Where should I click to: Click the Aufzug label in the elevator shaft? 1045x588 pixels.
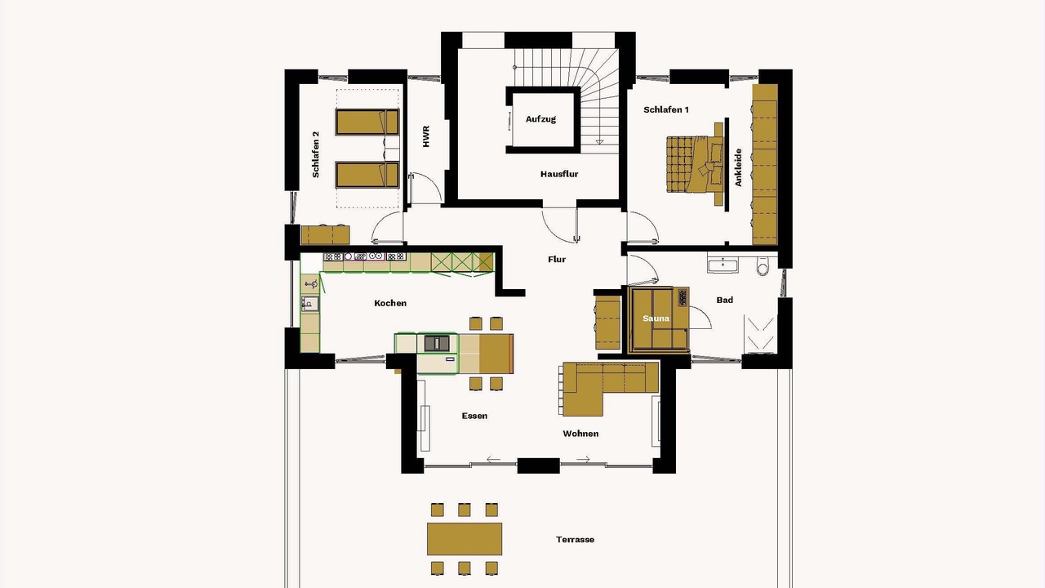click(x=540, y=119)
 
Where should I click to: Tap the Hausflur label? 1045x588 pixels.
click(x=559, y=174)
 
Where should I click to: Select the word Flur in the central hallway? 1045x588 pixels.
click(x=557, y=260)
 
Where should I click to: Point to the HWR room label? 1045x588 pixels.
click(x=426, y=136)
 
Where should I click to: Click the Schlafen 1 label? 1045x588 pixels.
click(x=666, y=110)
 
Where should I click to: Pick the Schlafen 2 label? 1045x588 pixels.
click(x=316, y=154)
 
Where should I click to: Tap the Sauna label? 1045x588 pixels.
click(x=656, y=318)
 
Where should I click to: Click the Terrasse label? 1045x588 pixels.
click(x=576, y=540)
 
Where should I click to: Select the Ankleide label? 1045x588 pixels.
click(x=738, y=167)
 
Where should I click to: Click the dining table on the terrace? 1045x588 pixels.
click(x=465, y=538)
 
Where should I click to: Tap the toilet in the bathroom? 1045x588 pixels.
click(x=763, y=266)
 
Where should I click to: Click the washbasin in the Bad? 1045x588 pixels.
click(x=723, y=265)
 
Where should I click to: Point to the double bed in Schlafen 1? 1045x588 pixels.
click(x=695, y=164)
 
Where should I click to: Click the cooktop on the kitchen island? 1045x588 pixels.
click(x=437, y=344)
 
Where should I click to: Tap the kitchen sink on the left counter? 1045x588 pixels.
click(x=309, y=303)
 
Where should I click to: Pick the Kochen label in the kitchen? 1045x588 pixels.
click(x=390, y=303)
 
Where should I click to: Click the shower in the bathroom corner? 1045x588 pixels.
click(x=760, y=334)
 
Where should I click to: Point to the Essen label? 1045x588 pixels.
click(x=474, y=416)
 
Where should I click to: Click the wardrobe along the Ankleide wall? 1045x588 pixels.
click(x=765, y=164)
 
